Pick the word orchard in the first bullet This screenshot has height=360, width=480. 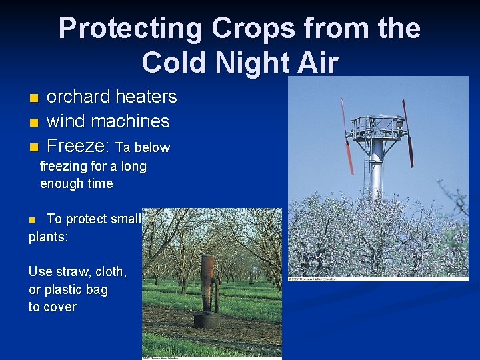78,97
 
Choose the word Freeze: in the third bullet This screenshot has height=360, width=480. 79,145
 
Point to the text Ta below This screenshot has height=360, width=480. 143,147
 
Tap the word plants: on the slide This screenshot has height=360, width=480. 48,236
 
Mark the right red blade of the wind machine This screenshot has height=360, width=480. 407,133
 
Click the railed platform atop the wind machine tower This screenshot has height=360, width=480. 376,125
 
